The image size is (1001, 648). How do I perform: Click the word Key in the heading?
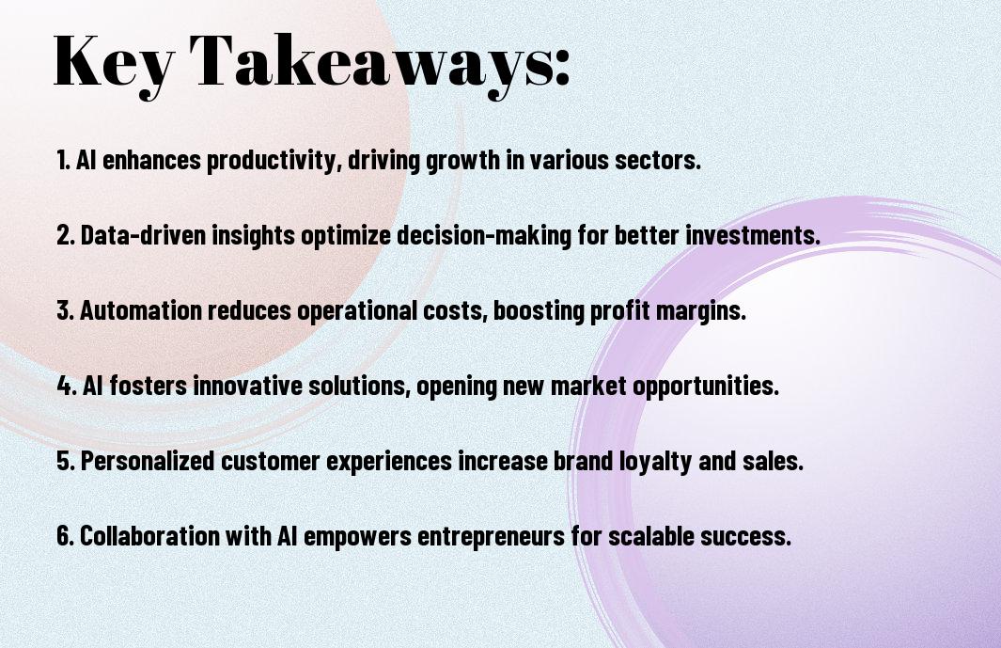point(113,64)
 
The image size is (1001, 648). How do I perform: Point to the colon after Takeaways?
point(561,68)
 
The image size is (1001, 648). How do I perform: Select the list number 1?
point(63,160)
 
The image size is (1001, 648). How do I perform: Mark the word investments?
point(753,235)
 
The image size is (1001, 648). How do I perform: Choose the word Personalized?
point(148,460)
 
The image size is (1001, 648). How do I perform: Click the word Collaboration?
point(150,535)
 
